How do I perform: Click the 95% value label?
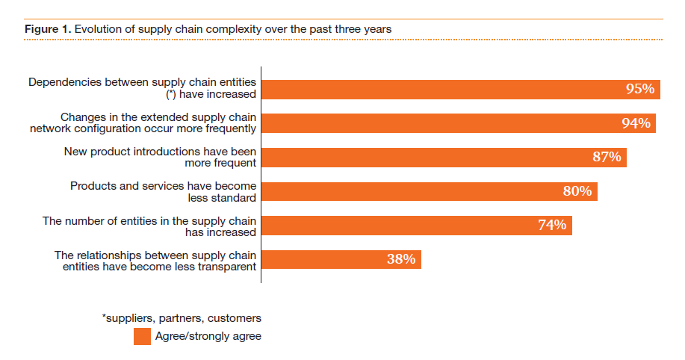click(x=640, y=89)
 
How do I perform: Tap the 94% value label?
click(x=636, y=123)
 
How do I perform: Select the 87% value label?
click(x=607, y=157)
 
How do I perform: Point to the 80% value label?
click(x=577, y=191)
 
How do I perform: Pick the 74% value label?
click(x=552, y=225)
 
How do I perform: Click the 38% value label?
click(x=401, y=259)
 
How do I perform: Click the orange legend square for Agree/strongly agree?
click(x=142, y=336)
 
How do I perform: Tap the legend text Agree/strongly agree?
click(x=208, y=336)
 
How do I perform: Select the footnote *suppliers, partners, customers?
click(x=182, y=319)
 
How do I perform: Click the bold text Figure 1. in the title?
click(x=46, y=29)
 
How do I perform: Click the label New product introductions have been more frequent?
click(x=161, y=157)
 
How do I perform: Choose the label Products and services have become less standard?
click(x=163, y=191)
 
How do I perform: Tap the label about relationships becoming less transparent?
click(x=155, y=261)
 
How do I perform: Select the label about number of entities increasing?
click(x=149, y=226)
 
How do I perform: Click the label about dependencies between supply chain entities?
click(x=143, y=88)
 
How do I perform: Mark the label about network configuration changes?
click(x=153, y=122)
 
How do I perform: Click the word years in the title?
click(x=377, y=29)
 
